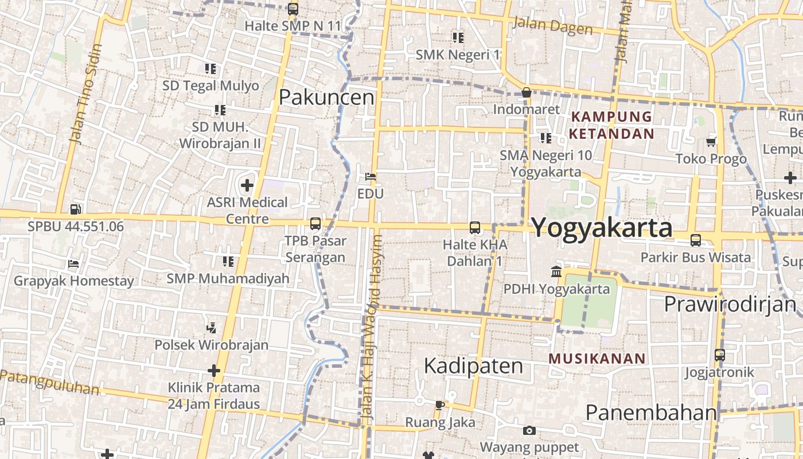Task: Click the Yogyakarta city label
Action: click(x=602, y=228)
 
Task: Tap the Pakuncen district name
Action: click(x=326, y=98)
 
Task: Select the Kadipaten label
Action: click(x=473, y=366)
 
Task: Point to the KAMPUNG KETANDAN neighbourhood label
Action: click(x=611, y=125)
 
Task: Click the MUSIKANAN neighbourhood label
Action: click(x=597, y=359)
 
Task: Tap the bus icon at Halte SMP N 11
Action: click(x=293, y=9)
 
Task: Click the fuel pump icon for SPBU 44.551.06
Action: click(x=75, y=210)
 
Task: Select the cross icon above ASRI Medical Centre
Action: click(x=247, y=185)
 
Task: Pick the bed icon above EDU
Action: click(x=371, y=177)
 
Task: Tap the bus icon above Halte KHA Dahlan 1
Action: click(x=475, y=228)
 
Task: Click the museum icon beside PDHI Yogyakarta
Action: click(x=556, y=272)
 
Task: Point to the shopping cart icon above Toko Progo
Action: click(x=711, y=142)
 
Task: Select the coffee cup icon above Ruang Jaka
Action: click(x=440, y=406)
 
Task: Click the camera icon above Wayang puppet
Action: click(x=529, y=430)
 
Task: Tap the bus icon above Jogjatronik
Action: click(x=720, y=355)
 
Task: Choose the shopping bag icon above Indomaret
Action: click(x=527, y=92)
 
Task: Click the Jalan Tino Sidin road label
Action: click(x=84, y=93)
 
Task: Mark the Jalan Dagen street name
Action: click(x=552, y=25)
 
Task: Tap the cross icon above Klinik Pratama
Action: click(x=214, y=371)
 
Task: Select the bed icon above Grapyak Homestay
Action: click(x=73, y=264)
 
